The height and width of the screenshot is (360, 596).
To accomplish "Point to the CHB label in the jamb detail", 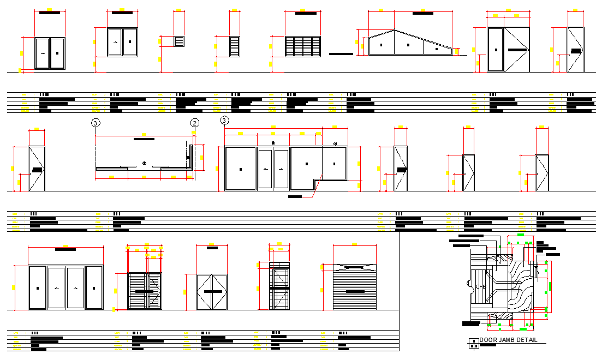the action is pyautogui.click(x=481, y=287).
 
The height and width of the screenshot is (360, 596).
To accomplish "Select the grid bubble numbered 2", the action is pyautogui.click(x=194, y=123).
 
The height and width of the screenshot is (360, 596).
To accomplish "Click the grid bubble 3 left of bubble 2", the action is pyautogui.click(x=96, y=123).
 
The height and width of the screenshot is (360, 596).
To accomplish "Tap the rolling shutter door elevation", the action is pyautogui.click(x=355, y=287).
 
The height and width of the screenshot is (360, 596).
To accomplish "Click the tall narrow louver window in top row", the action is pyautogui.click(x=235, y=46).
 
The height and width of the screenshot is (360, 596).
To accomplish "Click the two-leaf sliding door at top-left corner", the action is pyautogui.click(x=50, y=53).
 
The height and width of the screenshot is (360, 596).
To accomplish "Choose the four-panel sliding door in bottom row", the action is pyautogui.click(x=65, y=288).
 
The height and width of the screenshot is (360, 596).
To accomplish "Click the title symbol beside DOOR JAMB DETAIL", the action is pyautogui.click(x=473, y=343).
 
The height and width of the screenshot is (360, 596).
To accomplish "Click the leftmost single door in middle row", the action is pyautogui.click(x=37, y=169).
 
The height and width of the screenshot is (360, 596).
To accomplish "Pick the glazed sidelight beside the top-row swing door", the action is pyautogui.click(x=496, y=50).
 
